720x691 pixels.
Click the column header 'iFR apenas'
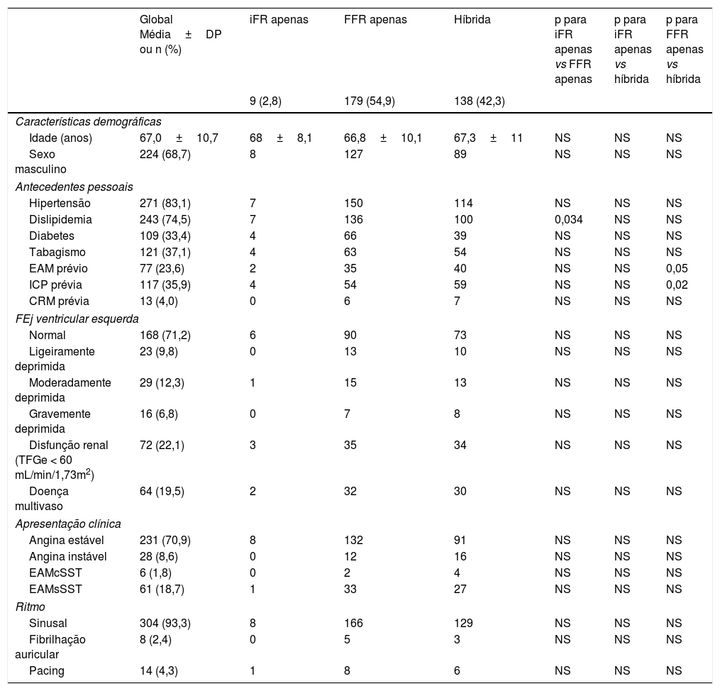(279, 20)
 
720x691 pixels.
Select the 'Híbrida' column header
(471, 20)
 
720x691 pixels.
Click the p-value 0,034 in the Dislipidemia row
(568, 219)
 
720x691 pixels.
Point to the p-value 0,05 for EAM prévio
(677, 268)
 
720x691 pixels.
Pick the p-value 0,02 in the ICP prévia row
(677, 284)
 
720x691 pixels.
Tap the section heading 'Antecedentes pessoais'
(74, 187)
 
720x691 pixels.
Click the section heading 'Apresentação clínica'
(68, 524)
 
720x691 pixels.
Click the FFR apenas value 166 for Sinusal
(353, 623)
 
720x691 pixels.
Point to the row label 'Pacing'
(46, 671)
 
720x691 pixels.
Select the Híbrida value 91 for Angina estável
(460, 540)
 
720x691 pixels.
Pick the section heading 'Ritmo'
(29, 607)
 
